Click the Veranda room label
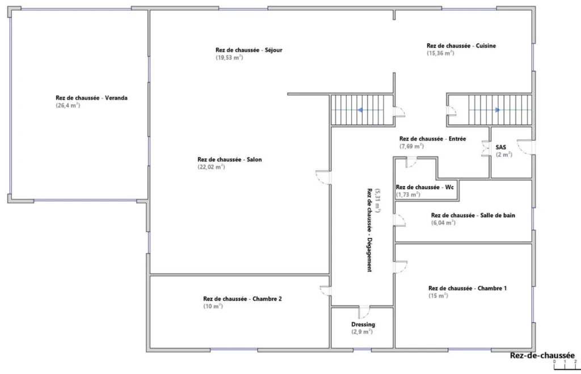(x=91, y=98)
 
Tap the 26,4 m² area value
(x=68, y=105)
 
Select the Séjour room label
(x=249, y=50)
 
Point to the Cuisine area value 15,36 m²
(x=440, y=53)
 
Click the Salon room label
(x=230, y=159)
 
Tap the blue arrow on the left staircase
(x=360, y=110)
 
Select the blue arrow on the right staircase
(x=498, y=110)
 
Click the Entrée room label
(x=432, y=139)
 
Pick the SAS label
(x=500, y=147)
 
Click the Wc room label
(x=424, y=187)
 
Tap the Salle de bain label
(x=473, y=215)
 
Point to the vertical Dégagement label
(x=369, y=230)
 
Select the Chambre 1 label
(x=468, y=288)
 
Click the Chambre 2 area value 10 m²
(x=213, y=307)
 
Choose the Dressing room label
(x=363, y=325)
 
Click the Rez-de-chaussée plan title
(x=542, y=355)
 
